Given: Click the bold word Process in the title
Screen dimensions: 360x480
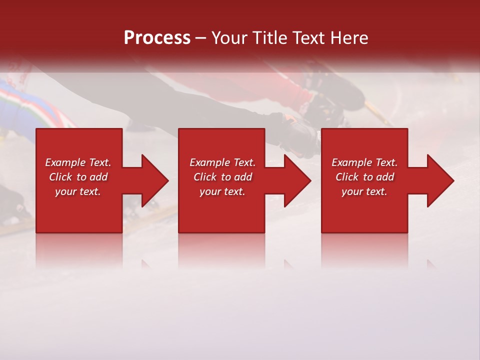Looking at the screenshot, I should (157, 38).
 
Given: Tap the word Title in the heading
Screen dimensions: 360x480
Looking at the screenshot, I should (269, 38).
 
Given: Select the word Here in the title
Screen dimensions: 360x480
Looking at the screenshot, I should (349, 38).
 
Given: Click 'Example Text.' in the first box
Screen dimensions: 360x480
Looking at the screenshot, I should (78, 162).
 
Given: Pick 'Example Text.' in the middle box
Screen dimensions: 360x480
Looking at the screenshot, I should (222, 162).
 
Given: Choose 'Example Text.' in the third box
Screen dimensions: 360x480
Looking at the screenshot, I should (364, 162).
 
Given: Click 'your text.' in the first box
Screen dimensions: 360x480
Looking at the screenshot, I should (78, 191).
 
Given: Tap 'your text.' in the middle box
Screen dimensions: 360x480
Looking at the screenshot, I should (222, 191).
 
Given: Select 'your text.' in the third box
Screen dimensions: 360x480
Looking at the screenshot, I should (364, 191).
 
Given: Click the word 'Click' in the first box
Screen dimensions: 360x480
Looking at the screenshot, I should (60, 177).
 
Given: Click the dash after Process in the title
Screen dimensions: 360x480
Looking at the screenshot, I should (201, 38).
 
